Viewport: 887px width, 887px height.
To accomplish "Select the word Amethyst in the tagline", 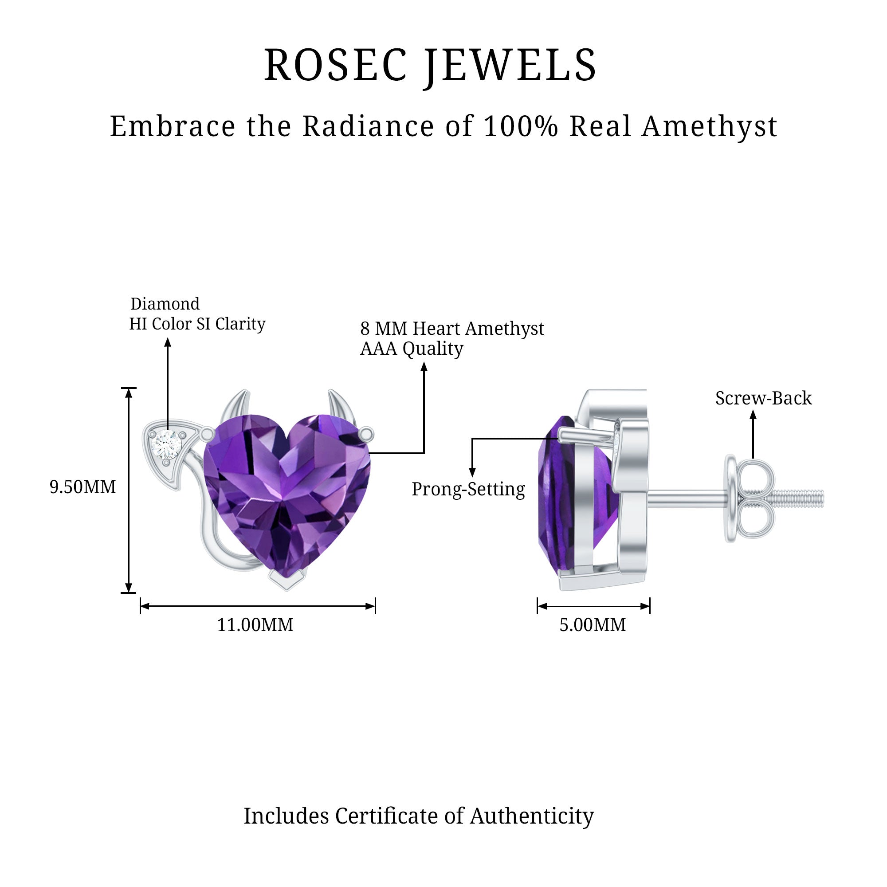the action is [x=710, y=126].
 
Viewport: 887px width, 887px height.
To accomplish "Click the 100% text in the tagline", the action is [x=521, y=126].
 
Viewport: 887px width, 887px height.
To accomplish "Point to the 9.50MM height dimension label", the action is [x=82, y=487].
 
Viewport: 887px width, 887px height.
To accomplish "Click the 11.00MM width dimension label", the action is [x=255, y=625].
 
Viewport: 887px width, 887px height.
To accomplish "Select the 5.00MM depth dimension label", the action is [x=593, y=625].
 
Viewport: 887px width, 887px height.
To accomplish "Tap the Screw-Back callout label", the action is [x=764, y=398].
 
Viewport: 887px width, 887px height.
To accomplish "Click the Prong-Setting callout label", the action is [x=468, y=490].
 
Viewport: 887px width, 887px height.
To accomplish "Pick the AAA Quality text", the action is [x=412, y=349].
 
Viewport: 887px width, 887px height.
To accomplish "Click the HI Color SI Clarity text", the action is [x=197, y=324].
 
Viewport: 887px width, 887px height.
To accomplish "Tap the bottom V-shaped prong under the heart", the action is [x=287, y=580].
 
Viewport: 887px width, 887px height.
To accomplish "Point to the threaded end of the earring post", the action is [x=799, y=497].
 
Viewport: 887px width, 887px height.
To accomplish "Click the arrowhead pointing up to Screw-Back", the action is [x=753, y=415].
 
